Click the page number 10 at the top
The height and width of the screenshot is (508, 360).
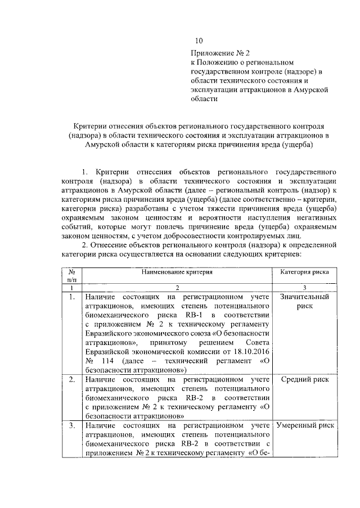(199, 41)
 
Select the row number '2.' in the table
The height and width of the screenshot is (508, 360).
(71, 379)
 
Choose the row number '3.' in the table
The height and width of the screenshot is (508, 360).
(71, 425)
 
